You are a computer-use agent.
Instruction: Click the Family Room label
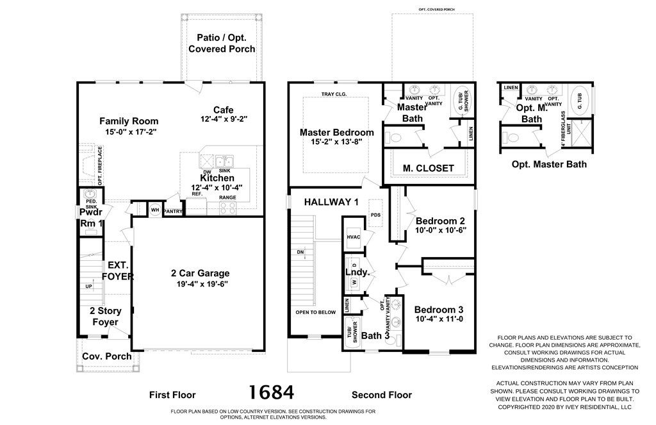pyautogui.click(x=129, y=121)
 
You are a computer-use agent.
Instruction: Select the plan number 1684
pyautogui.click(x=272, y=392)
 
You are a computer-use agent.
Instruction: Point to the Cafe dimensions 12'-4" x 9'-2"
pyautogui.click(x=223, y=119)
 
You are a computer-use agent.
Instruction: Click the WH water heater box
pyautogui.click(x=154, y=209)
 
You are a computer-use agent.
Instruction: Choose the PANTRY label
pyautogui.click(x=173, y=210)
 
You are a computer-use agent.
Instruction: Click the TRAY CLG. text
pyautogui.click(x=334, y=95)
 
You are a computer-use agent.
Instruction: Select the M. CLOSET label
pyautogui.click(x=428, y=169)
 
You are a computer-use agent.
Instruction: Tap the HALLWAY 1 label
pyautogui.click(x=331, y=202)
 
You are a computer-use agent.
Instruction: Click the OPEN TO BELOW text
pyautogui.click(x=315, y=312)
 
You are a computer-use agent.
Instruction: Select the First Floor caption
pyautogui.click(x=172, y=395)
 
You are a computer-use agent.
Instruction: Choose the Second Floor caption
pyautogui.click(x=382, y=395)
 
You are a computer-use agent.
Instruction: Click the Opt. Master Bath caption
pyautogui.click(x=548, y=164)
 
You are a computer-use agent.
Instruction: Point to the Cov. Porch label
pyautogui.click(x=107, y=356)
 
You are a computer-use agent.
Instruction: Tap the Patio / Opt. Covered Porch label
pyautogui.click(x=222, y=43)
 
